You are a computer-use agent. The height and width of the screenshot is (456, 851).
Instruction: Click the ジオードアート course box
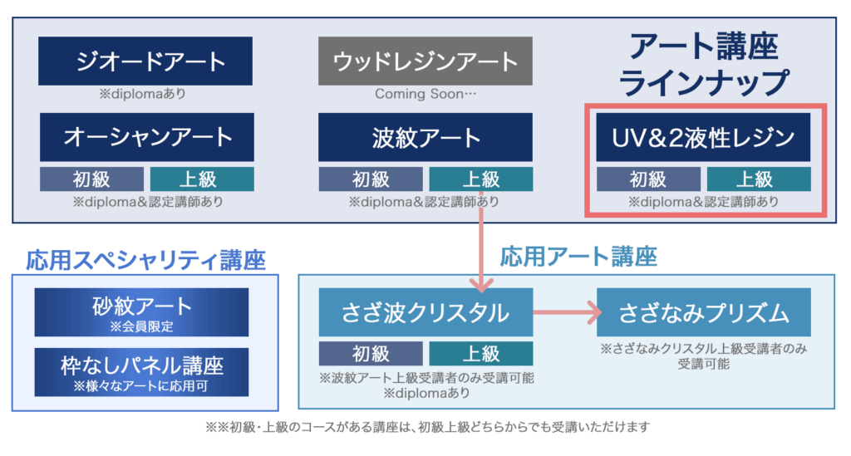point(145,61)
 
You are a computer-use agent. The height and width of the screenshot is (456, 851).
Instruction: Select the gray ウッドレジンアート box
point(425,61)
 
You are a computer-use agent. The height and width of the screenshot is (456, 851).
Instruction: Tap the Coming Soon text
point(425,94)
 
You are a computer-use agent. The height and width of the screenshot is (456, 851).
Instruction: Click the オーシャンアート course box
point(146,137)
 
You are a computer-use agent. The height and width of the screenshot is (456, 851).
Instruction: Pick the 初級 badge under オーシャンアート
point(91,179)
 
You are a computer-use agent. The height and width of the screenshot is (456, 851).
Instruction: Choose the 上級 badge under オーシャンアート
point(202,179)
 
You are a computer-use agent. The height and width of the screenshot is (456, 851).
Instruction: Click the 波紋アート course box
point(425,137)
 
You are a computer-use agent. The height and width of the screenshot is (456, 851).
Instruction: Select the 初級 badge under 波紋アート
point(371,179)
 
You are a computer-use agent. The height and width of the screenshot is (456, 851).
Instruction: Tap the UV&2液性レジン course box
point(703,137)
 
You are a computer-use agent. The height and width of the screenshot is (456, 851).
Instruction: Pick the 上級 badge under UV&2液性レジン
point(759,179)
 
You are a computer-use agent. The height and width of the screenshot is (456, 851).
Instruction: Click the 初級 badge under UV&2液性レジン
point(648,179)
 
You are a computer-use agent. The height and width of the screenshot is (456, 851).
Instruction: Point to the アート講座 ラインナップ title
point(703,64)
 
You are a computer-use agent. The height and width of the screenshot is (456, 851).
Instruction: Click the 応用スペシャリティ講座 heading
point(146,260)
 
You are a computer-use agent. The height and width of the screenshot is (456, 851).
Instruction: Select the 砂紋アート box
point(141,312)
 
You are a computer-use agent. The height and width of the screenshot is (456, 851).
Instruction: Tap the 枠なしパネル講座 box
point(141,372)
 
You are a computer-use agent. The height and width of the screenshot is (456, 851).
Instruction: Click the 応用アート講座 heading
point(578,257)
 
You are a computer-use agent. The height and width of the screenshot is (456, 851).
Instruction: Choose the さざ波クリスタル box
point(426,312)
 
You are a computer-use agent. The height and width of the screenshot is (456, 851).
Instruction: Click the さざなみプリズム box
point(704,312)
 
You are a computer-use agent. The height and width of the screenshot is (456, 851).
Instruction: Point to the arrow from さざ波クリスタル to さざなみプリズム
point(567,312)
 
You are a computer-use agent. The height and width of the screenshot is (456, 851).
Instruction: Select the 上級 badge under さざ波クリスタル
point(481,354)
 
